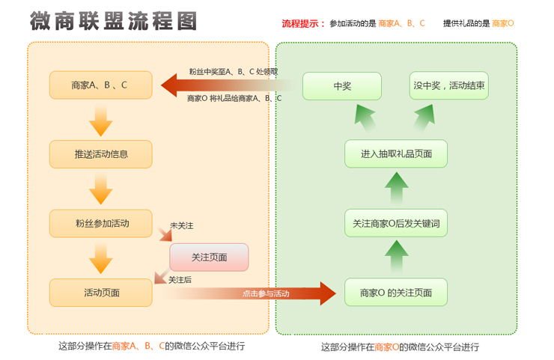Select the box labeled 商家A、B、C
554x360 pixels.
[101, 85]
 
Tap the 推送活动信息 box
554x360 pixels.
[101, 154]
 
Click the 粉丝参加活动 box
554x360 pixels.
[101, 223]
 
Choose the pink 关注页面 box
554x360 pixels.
[209, 257]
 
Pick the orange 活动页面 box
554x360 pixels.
[101, 292]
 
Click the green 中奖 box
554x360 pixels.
[342, 85]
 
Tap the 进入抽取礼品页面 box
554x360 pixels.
[396, 153]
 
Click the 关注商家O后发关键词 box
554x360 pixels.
[396, 223]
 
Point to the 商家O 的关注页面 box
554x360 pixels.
[396, 292]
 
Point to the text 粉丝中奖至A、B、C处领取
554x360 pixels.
[233, 72]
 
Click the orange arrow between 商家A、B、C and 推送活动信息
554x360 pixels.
[100, 120]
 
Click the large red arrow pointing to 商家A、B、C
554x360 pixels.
[217, 85]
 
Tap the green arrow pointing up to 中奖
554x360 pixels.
[364, 116]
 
